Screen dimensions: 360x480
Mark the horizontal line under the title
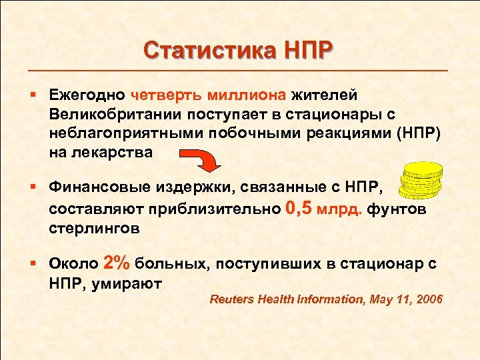[x=240, y=70]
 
